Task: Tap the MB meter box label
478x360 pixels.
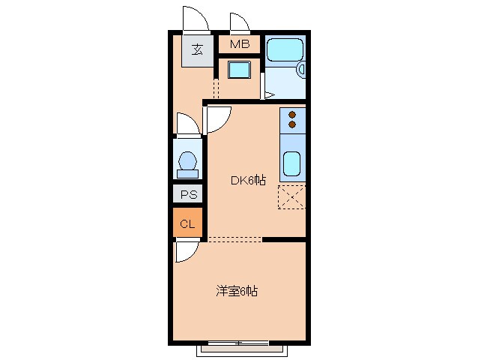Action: (239, 43)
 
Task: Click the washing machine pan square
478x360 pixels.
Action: (240, 72)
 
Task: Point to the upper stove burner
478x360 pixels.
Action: (293, 115)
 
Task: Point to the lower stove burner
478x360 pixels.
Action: (293, 124)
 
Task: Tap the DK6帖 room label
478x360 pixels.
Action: (247, 180)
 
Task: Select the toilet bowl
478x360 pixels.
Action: (187, 161)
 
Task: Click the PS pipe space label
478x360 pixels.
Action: (187, 195)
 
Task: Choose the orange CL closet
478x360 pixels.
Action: (187, 223)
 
